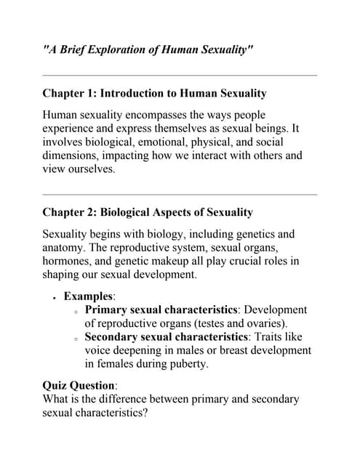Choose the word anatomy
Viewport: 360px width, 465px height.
click(64, 248)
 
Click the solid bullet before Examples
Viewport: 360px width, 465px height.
click(54, 297)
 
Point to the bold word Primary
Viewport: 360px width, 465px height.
click(107, 310)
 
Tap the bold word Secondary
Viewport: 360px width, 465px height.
click(113, 337)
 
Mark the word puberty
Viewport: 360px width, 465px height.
click(185, 365)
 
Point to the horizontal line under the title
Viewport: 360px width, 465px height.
click(180, 75)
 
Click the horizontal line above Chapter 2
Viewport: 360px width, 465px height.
click(180, 194)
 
